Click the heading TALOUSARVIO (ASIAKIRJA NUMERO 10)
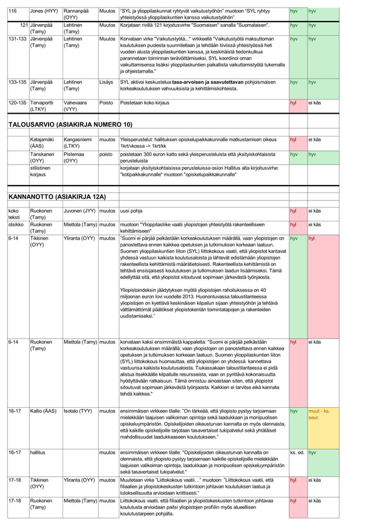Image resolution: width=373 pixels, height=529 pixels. coord(70,125)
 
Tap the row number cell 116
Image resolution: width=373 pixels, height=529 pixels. coord(11,11)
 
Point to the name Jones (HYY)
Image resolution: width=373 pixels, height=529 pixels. coord(44,11)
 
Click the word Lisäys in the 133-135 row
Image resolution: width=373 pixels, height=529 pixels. coord(106,83)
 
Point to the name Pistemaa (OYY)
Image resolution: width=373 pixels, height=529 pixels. coord(77,159)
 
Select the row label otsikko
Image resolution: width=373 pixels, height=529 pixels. coord(16,224)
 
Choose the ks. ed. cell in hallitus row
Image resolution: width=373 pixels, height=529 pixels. coord(296,452)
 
